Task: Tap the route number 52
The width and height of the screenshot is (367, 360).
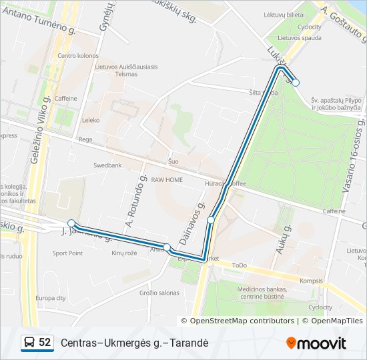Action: pyautogui.click(x=45, y=343)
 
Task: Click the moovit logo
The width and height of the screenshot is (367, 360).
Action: pyautogui.click(x=316, y=343)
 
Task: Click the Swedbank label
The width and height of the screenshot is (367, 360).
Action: pyautogui.click(x=107, y=165)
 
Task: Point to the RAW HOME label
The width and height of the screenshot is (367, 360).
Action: pyautogui.click(x=167, y=180)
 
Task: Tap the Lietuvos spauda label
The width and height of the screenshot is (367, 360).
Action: pyautogui.click(x=296, y=39)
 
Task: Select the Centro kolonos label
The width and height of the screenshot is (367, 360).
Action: pyautogui.click(x=78, y=56)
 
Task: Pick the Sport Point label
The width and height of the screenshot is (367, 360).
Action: pyautogui.click(x=67, y=253)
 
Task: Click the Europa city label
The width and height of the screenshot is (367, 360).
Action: pyautogui.click(x=51, y=298)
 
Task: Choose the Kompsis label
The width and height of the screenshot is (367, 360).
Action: pyautogui.click(x=311, y=281)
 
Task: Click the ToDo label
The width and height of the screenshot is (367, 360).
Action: pyautogui.click(x=240, y=265)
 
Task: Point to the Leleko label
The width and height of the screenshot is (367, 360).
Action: pyautogui.click(x=90, y=121)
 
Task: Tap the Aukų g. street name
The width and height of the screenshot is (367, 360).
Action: pyautogui.click(x=284, y=241)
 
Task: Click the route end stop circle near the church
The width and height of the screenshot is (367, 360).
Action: pyautogui.click(x=296, y=83)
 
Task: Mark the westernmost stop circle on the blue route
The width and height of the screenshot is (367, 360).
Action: pyautogui.click(x=71, y=223)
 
